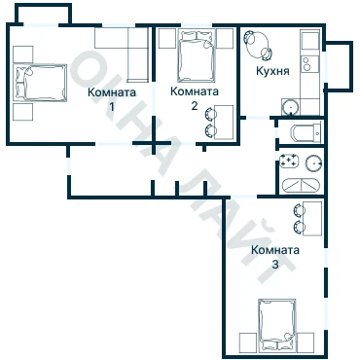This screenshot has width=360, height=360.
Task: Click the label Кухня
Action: [272, 71]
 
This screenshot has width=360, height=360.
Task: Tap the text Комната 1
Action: [112, 98]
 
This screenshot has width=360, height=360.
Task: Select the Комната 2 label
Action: [195, 98]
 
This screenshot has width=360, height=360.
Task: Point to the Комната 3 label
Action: [275, 257]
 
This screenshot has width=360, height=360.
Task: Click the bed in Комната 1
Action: [40, 83]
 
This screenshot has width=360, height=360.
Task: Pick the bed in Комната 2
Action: [197, 55]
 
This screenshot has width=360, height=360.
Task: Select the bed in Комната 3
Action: [277, 324]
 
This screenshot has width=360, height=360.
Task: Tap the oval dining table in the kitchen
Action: [257, 46]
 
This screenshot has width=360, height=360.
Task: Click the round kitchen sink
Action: [290, 107]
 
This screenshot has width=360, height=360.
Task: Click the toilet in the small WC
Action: [306, 133]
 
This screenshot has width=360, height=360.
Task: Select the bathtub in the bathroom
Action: [301, 185]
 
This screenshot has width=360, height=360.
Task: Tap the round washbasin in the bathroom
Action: [314, 162]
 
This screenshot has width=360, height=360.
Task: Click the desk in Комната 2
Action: [224, 123]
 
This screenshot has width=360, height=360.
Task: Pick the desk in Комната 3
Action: [312, 219]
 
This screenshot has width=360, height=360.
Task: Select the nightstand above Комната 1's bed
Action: [23, 54]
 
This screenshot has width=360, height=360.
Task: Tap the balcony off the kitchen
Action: [339, 66]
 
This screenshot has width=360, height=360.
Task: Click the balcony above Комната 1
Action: [43, 14]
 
